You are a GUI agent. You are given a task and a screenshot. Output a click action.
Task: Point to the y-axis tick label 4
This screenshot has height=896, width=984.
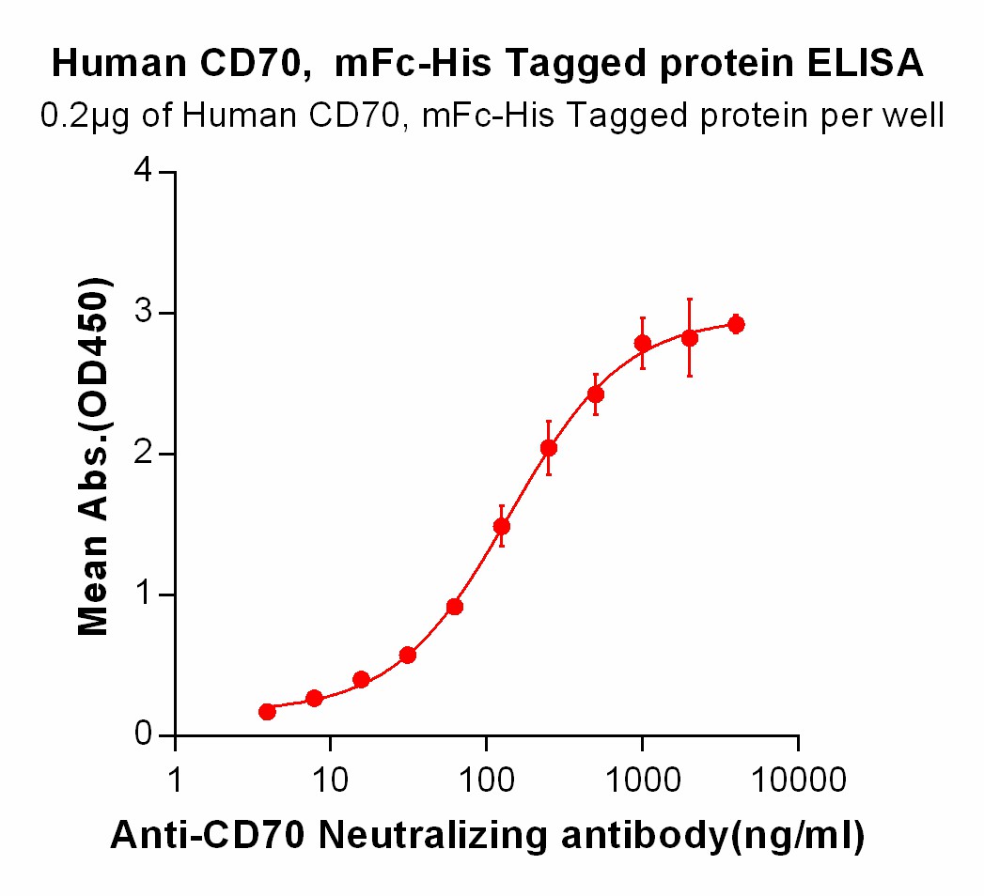pos(142,173)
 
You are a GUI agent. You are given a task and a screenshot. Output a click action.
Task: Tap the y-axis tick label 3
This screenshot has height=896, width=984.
pos(142,313)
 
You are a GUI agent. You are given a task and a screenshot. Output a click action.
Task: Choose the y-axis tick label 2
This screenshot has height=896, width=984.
pos(142,454)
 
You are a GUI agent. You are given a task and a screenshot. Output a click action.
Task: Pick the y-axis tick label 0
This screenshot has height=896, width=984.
pos(142,734)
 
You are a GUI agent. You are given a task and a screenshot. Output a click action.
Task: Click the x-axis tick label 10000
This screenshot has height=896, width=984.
pos(798,779)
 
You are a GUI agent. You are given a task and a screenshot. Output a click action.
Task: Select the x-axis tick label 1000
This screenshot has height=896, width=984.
pos(642,779)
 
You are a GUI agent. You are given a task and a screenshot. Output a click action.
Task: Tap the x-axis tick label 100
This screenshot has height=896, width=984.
pos(486,779)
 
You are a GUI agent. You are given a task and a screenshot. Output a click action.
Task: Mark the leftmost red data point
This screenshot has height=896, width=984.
pos(267,712)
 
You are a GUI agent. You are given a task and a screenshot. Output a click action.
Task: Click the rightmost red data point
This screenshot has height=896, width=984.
pos(736,325)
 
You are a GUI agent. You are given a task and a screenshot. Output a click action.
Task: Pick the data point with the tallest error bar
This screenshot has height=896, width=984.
pos(689,338)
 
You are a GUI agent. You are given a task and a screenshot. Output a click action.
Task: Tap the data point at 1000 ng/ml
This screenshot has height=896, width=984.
pos(643,344)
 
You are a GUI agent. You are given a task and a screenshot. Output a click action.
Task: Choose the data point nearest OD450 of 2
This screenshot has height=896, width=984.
pos(549,448)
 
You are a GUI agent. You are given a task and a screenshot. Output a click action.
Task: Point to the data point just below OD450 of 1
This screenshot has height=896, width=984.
pos(455,607)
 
